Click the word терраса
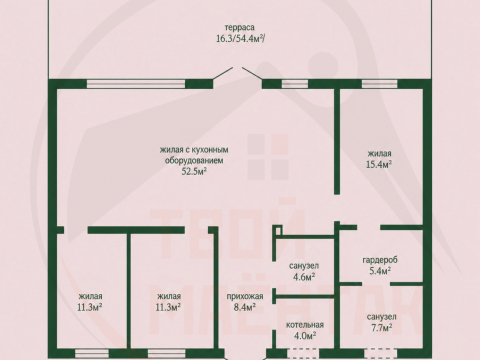tap(240, 27)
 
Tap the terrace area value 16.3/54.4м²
tap(241, 38)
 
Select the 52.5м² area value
tap(194, 172)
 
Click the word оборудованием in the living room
tap(194, 161)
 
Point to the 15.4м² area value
tap(379, 164)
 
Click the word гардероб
tap(380, 260)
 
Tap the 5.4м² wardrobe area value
tap(380, 271)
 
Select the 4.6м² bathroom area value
tap(304, 277)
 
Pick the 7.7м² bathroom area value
tap(381, 328)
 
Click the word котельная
tap(305, 325)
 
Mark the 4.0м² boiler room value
tap(305, 336)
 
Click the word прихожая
tap(245, 296)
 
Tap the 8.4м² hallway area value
tap(245, 307)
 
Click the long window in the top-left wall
tap(136, 84)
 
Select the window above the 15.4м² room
tap(379, 84)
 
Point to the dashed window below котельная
tap(303, 353)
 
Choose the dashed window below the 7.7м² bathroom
tap(381, 353)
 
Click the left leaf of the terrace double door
tap(223, 74)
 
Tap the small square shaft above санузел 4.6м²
tap(279, 230)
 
